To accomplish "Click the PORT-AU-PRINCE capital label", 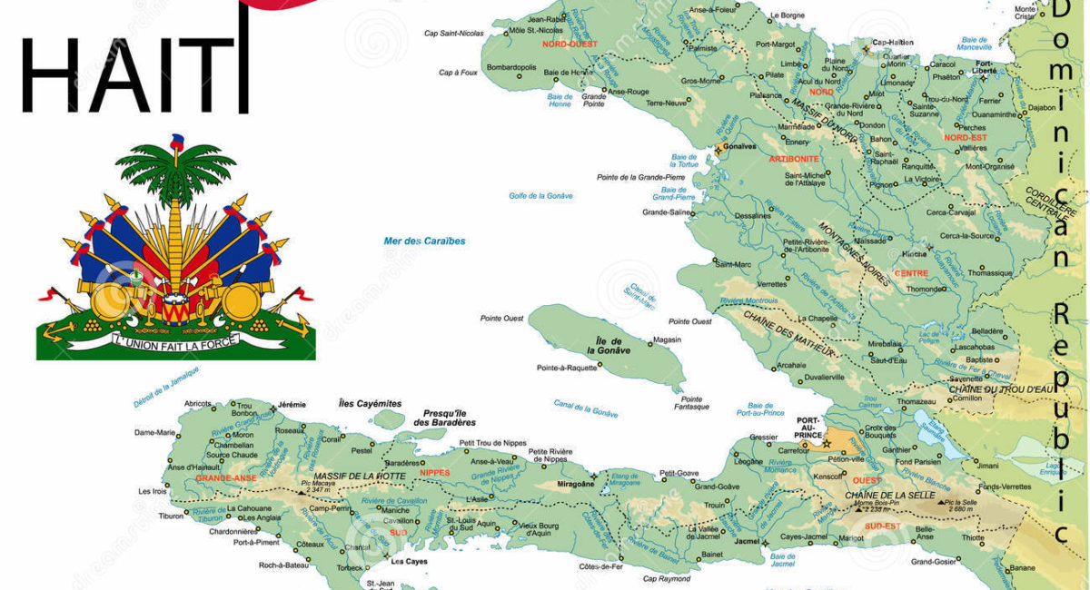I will [x=808, y=428].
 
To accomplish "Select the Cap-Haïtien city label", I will [x=892, y=42].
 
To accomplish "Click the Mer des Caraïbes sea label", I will [x=424, y=241].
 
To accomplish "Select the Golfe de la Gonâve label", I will [x=541, y=195].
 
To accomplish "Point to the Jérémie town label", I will [x=292, y=404].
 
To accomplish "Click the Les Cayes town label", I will [x=409, y=561].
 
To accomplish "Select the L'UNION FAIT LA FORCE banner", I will [x=175, y=341].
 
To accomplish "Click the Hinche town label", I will [x=914, y=254].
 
